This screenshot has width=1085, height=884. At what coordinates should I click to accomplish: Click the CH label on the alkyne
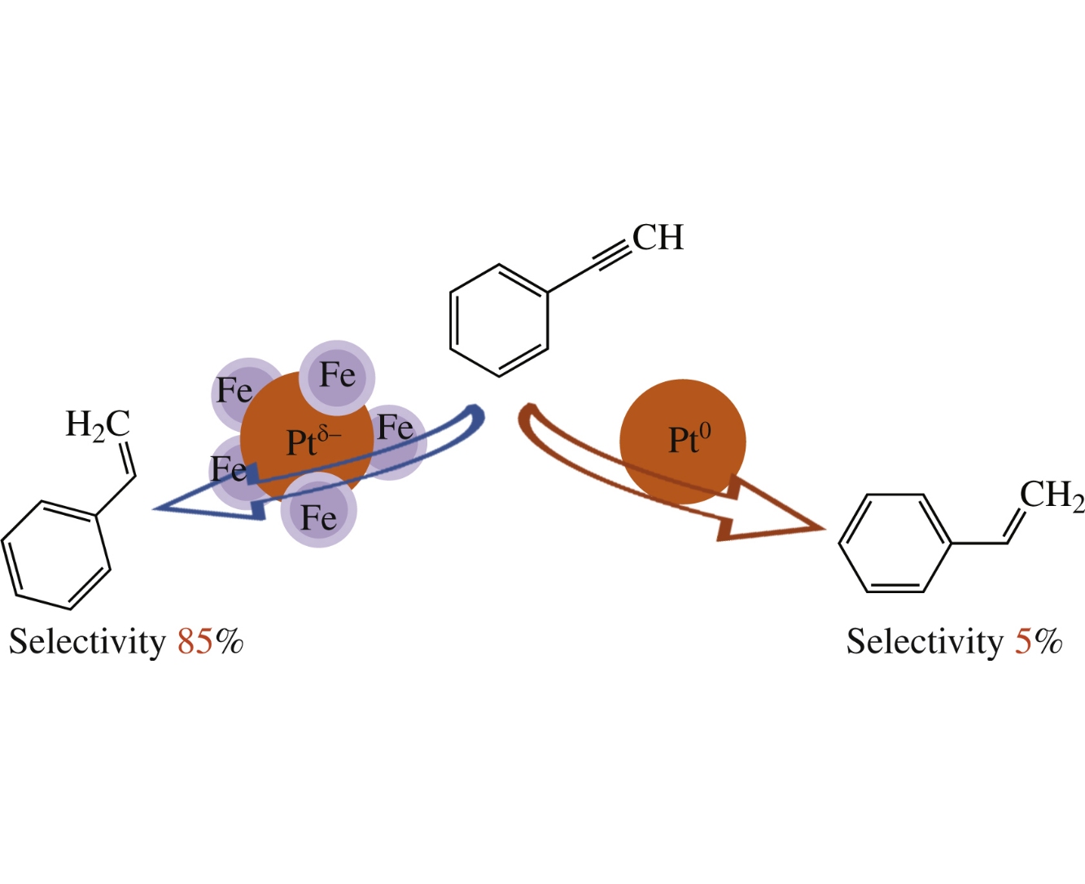click(x=658, y=238)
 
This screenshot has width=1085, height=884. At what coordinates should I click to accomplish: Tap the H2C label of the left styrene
click(x=98, y=425)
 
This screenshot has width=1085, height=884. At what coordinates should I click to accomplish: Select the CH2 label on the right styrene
click(x=1052, y=495)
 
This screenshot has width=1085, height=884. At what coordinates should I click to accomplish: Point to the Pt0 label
click(x=689, y=440)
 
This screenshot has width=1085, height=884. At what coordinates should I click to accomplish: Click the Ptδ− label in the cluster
click(x=313, y=442)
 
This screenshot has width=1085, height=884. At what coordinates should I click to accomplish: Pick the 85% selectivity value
click(x=210, y=642)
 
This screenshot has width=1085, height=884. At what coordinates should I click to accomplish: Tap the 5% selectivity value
click(x=1039, y=642)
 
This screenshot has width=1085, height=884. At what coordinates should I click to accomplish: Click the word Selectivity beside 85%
click(x=87, y=642)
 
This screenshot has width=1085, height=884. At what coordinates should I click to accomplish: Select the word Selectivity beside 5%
click(x=925, y=642)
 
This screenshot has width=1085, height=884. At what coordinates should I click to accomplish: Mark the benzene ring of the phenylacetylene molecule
click(x=498, y=320)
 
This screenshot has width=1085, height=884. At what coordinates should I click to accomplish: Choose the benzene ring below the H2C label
click(x=55, y=554)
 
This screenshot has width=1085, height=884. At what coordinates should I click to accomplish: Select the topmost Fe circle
click(x=337, y=377)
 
